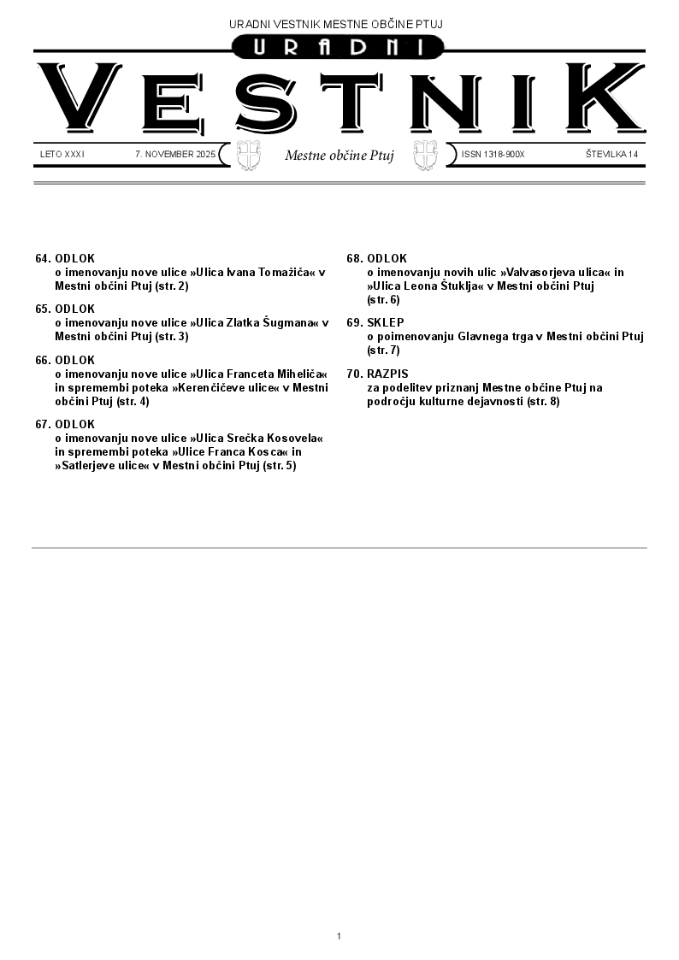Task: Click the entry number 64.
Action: pos(43,258)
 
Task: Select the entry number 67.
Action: pos(43,424)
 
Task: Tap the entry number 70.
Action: pos(355,374)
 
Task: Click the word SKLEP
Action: pos(386,322)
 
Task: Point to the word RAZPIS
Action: pos(387,374)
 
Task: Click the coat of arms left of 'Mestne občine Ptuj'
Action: pos(248,155)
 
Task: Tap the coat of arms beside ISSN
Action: pos(425,155)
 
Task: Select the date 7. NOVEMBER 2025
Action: pos(175,155)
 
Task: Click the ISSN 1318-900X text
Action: pos(493,155)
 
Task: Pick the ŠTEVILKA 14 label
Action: pos(611,155)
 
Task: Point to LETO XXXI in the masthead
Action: pos(62,155)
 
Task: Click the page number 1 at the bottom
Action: pos(339,937)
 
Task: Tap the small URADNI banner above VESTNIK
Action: pos(339,49)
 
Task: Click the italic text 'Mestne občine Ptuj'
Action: pos(339,156)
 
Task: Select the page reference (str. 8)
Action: pos(543,401)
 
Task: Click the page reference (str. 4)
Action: pos(133,401)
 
